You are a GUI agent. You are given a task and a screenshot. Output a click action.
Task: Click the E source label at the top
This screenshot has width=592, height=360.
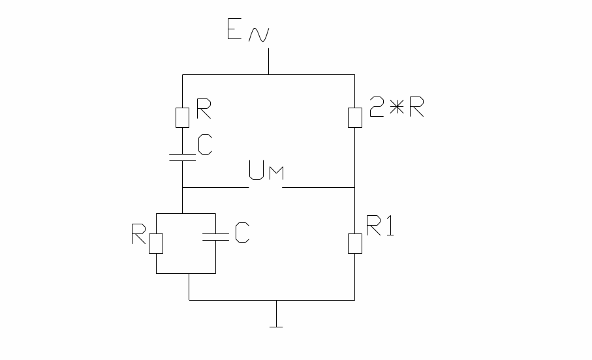pos(236,31)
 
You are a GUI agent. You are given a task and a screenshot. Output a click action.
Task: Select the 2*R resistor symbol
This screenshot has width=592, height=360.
pos(354,117)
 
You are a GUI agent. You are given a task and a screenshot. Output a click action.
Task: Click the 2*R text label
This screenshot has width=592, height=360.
pos(396,110)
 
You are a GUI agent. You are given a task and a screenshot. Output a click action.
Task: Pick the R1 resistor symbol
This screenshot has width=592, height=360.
pos(354,243)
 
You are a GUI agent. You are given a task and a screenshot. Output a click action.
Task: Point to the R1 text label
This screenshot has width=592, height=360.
pos(380,228)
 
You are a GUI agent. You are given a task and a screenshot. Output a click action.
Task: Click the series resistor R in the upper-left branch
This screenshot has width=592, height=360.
pos(183,117)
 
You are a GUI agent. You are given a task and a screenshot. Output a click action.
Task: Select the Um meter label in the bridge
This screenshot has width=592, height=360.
pos(267,173)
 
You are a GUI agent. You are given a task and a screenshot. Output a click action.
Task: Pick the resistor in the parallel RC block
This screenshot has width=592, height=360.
pos(155,243)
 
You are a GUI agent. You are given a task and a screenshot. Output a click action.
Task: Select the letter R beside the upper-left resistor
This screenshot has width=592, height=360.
pos(203,110)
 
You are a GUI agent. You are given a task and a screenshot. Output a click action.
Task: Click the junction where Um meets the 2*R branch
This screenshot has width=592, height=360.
pos(354,188)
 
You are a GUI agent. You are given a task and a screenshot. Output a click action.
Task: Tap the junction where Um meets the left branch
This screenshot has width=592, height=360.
pos(182,188)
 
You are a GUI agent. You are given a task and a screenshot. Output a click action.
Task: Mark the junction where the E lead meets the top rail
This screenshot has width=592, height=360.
pos(268,74)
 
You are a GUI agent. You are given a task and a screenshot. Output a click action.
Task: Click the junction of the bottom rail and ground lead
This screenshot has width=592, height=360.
pos(277,300)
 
